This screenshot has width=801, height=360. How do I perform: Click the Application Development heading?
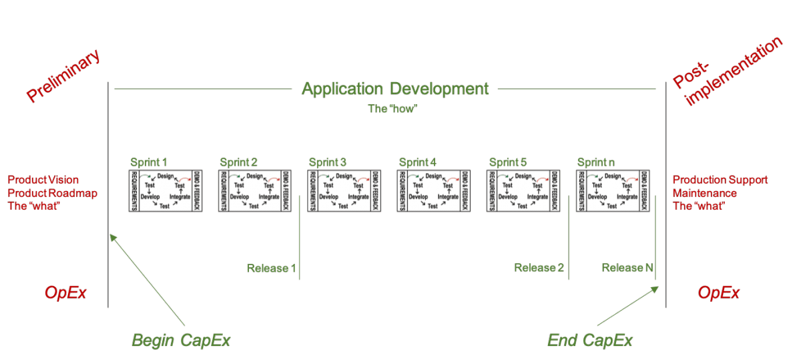(395, 88)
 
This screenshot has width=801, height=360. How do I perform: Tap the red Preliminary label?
(64, 76)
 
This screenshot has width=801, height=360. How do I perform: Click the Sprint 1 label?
(150, 162)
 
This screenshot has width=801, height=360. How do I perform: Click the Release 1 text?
(270, 268)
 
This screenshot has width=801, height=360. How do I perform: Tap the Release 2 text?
(539, 268)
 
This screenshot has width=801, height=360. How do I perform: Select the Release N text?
(626, 268)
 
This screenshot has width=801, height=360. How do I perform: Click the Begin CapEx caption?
(180, 341)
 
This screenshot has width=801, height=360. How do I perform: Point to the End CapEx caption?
(589, 341)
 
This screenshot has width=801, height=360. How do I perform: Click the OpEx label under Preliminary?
(65, 293)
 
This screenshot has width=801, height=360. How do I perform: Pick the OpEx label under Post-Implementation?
(718, 293)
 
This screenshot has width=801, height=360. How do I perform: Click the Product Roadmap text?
(52, 193)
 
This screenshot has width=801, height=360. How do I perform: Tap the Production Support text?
(720, 180)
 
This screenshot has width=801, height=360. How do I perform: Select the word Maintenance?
(704, 193)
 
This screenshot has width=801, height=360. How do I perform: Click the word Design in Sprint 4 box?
(434, 176)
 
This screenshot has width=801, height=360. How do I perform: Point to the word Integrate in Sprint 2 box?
(269, 196)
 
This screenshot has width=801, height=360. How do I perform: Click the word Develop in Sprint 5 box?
(508, 196)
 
